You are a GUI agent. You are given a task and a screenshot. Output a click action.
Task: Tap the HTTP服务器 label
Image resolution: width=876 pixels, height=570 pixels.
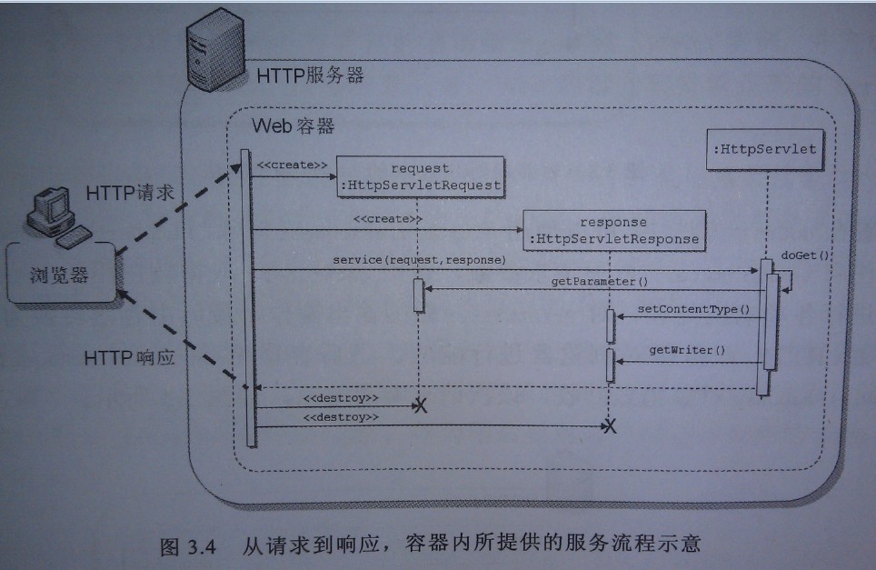coord(311,75)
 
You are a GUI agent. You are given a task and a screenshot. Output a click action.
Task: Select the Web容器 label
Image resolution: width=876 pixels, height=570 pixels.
coord(294,125)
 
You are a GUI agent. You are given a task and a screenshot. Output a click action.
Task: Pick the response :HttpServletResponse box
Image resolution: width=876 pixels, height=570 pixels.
coord(614,230)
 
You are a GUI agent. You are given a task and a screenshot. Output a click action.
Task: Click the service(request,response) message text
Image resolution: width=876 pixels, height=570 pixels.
coord(419,260)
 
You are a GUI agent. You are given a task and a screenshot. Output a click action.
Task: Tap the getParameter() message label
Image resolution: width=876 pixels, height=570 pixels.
coord(592,282)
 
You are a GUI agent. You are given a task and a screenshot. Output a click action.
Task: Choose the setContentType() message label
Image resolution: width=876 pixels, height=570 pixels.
coord(693,309)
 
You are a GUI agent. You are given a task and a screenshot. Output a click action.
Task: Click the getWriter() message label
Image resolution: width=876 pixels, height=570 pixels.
coord(687,350)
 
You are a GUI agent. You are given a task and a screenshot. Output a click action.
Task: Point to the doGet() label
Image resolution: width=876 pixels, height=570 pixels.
coord(804,255)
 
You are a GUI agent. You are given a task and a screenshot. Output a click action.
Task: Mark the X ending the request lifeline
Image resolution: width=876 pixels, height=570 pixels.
coord(420,405)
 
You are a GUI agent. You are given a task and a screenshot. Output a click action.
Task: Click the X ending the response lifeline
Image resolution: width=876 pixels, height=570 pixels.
coord(611,426)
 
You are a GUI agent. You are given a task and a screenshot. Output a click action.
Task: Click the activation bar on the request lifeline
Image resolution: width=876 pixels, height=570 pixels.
coord(419,295)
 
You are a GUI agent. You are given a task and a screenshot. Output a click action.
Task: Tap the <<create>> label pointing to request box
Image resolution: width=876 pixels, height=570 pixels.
coord(292,165)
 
